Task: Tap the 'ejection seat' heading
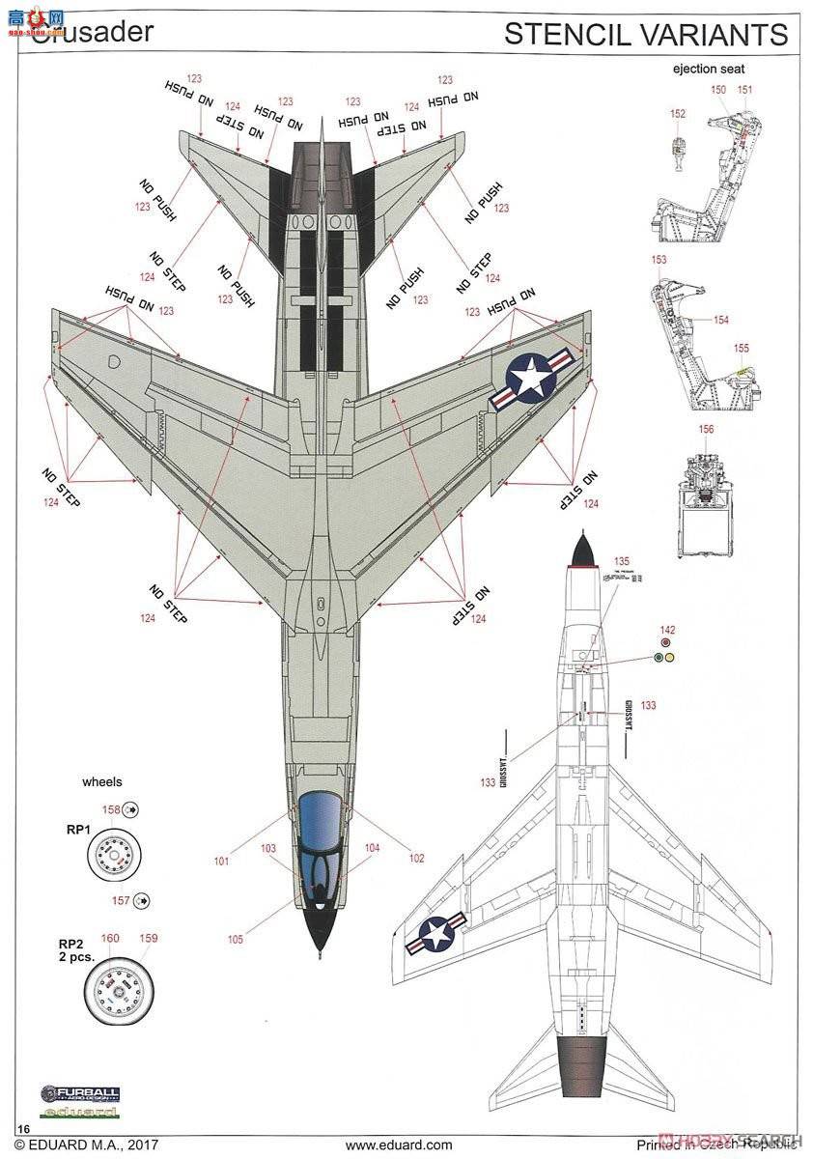(709, 69)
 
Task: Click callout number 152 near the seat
(678, 113)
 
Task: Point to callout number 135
(621, 561)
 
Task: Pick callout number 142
(666, 629)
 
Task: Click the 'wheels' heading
(102, 781)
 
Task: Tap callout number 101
(223, 861)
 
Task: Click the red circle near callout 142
(665, 642)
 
